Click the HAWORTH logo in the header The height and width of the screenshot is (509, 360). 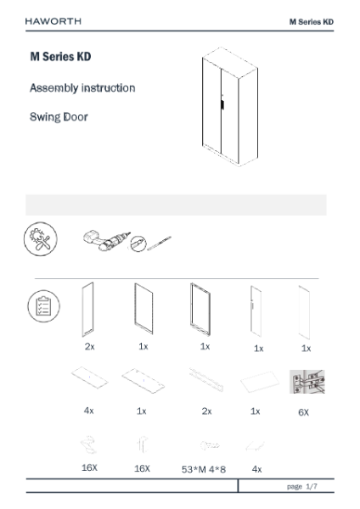tap(53, 21)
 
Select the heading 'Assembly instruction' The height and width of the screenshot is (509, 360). tap(82, 88)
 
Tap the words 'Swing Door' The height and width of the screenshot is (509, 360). tap(59, 117)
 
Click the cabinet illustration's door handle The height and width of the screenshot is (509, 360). tap(222, 105)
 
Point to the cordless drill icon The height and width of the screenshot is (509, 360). tap(107, 241)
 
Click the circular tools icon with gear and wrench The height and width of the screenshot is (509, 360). tap(41, 239)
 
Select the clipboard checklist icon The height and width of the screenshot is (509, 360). tap(43, 306)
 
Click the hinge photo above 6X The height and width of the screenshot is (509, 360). tap(307, 382)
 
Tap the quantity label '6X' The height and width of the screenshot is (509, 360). tap(303, 412)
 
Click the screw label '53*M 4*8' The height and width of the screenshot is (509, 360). tap(204, 469)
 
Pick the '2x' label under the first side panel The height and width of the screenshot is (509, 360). tap(90, 347)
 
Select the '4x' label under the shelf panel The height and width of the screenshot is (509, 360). tap(88, 411)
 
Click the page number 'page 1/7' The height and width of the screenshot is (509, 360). tap(302, 486)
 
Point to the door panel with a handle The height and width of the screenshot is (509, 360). tap(256, 310)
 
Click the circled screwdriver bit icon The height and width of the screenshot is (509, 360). tap(138, 243)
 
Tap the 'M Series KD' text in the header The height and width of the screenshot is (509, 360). tap(312, 22)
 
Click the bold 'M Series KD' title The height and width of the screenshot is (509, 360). tap(61, 57)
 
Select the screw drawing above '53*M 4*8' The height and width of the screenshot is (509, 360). tap(210, 445)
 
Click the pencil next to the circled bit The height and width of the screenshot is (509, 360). tap(160, 243)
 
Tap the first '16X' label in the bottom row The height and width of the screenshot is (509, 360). tap(89, 467)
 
